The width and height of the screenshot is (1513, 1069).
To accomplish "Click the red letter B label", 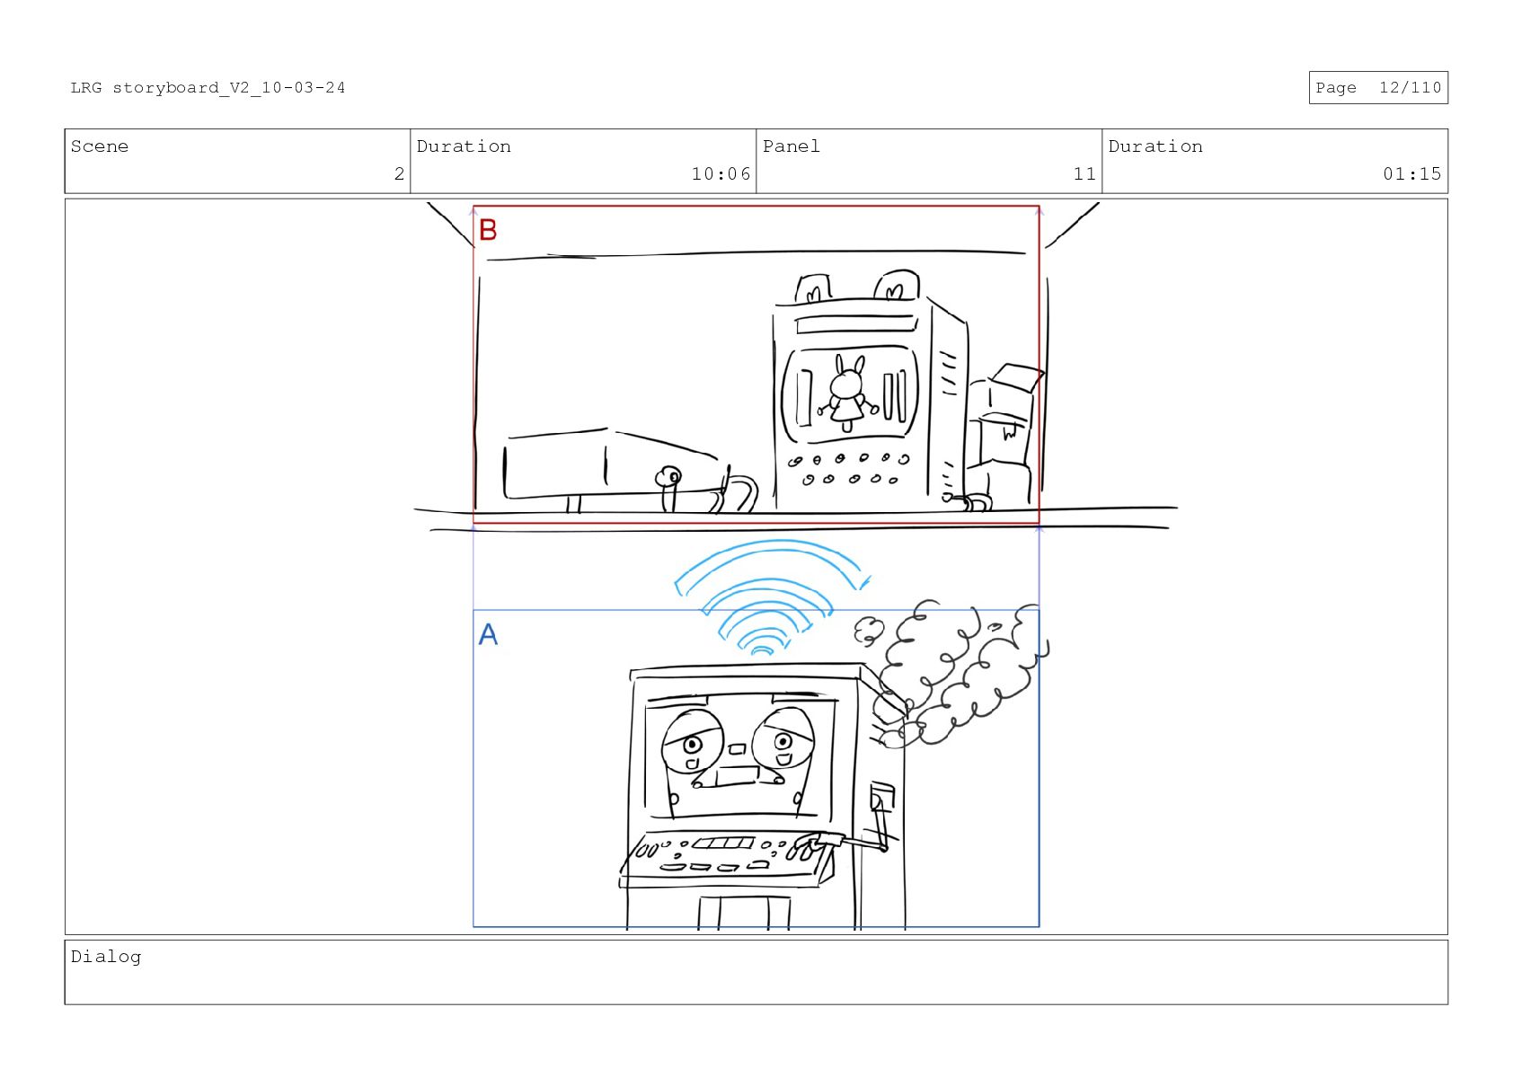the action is [x=488, y=230].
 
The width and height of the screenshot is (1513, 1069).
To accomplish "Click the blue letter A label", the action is [x=488, y=634].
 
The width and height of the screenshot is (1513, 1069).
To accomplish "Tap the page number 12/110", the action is [x=1410, y=88].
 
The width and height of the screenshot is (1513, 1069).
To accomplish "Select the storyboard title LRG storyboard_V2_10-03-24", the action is [x=208, y=88].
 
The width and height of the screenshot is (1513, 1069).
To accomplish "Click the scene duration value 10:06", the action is [x=721, y=174].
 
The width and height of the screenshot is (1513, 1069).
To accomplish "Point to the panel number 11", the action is [x=1084, y=174].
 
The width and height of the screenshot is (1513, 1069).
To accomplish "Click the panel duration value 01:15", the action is [x=1411, y=174].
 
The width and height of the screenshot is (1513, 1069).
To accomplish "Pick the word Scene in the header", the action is [x=100, y=146].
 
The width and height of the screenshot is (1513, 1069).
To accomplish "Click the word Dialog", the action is [x=106, y=957].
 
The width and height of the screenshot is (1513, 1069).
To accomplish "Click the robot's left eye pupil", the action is [x=693, y=745].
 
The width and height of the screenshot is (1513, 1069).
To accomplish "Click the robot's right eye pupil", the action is [x=783, y=742].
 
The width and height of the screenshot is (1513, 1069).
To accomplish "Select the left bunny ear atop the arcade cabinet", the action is [x=813, y=289].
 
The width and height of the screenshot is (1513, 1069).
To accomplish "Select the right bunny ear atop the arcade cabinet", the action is [x=897, y=285].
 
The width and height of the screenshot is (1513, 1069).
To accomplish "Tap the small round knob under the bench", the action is [x=668, y=476].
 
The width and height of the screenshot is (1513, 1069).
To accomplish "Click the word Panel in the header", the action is [x=791, y=146].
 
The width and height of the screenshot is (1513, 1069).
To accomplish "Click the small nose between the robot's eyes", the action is [x=737, y=749].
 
